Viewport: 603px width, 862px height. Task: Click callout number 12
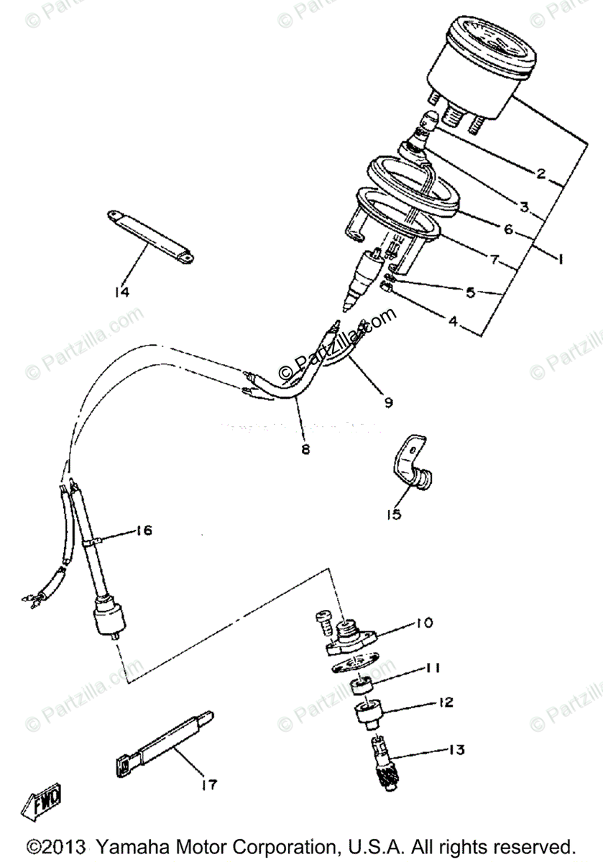click(x=446, y=702)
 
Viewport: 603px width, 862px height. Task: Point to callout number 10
click(x=425, y=622)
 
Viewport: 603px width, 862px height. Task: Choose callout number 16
click(x=144, y=531)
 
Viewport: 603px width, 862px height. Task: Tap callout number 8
click(x=305, y=450)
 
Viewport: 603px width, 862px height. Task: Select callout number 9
click(x=388, y=402)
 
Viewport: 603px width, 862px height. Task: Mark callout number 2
click(x=541, y=173)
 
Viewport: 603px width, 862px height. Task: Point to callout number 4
click(x=452, y=321)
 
